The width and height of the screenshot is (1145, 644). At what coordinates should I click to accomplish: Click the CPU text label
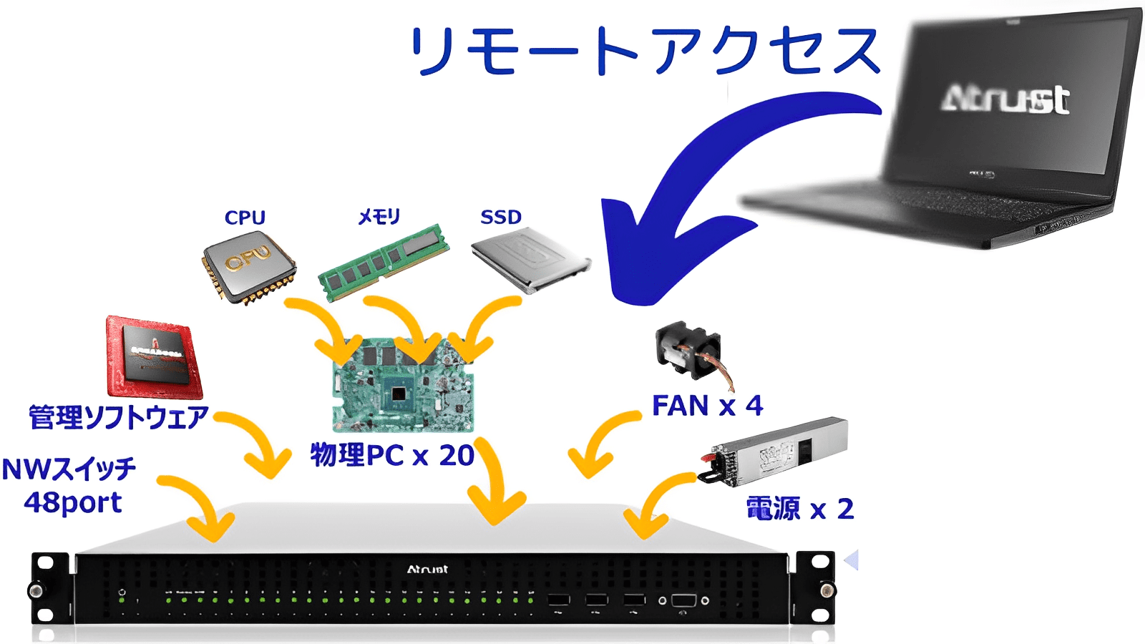click(x=245, y=218)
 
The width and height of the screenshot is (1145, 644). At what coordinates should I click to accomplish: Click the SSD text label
click(x=501, y=217)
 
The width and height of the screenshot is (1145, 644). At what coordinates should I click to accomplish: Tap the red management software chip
click(x=153, y=358)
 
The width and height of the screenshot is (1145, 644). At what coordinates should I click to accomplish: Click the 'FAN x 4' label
click(x=707, y=406)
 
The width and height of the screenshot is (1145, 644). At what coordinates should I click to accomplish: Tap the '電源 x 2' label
click(x=799, y=509)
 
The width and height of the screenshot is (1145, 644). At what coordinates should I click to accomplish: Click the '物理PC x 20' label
click(x=391, y=455)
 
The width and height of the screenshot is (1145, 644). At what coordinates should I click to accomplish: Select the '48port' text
click(x=72, y=502)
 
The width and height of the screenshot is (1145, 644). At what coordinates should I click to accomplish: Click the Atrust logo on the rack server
click(x=427, y=570)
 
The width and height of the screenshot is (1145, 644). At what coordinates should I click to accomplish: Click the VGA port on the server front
click(x=683, y=600)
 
